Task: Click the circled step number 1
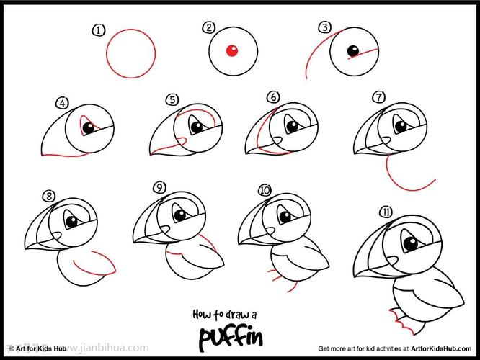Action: click(x=99, y=30)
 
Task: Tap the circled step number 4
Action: click(x=62, y=103)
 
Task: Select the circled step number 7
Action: click(x=378, y=97)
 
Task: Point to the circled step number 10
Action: click(x=265, y=190)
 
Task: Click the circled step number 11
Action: click(x=386, y=212)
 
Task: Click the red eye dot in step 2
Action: click(x=232, y=50)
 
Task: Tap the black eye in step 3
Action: click(x=353, y=51)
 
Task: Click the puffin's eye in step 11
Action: click(x=411, y=243)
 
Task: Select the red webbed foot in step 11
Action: click(x=401, y=322)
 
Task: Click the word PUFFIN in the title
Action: click(x=231, y=338)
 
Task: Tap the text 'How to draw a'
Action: click(x=225, y=315)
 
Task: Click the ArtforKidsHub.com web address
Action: click(x=441, y=348)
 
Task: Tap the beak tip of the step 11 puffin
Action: click(x=355, y=276)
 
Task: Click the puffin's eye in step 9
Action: click(x=180, y=215)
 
